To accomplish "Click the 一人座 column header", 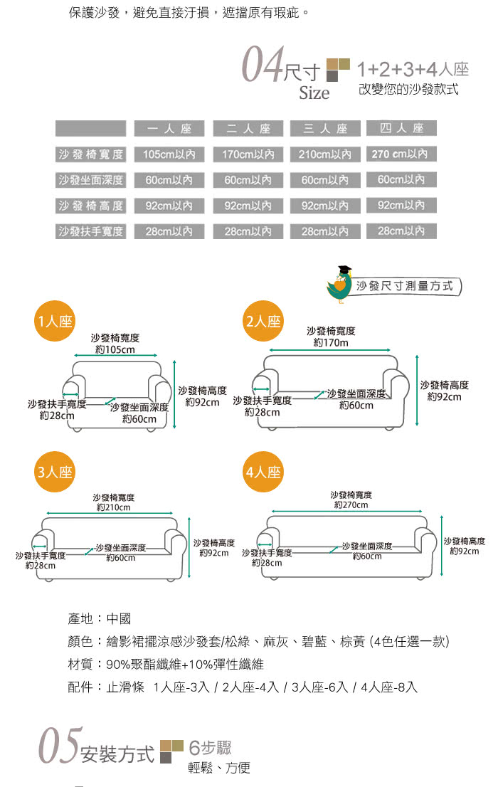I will [x=169, y=129].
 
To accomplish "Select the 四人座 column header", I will [x=401, y=128].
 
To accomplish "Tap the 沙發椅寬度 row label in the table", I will [x=90, y=154].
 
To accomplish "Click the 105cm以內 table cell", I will [x=169, y=154].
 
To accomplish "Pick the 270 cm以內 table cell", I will [x=401, y=154].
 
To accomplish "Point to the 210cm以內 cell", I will [x=325, y=154].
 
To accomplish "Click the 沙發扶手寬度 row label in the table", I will [x=90, y=231].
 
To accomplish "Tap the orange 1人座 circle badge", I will [x=55, y=321].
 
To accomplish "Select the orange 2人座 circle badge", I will [x=263, y=321].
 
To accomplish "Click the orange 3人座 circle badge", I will [x=55, y=472].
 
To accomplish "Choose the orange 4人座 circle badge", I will [x=263, y=472].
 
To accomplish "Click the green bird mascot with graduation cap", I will [x=340, y=284].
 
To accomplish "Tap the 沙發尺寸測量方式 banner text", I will [x=404, y=286].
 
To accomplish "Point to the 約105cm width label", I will [x=115, y=350].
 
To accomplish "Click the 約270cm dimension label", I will [x=351, y=505].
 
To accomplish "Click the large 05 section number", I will [x=60, y=745].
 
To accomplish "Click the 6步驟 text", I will [x=210, y=747].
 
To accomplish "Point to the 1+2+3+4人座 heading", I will [x=413, y=69].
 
